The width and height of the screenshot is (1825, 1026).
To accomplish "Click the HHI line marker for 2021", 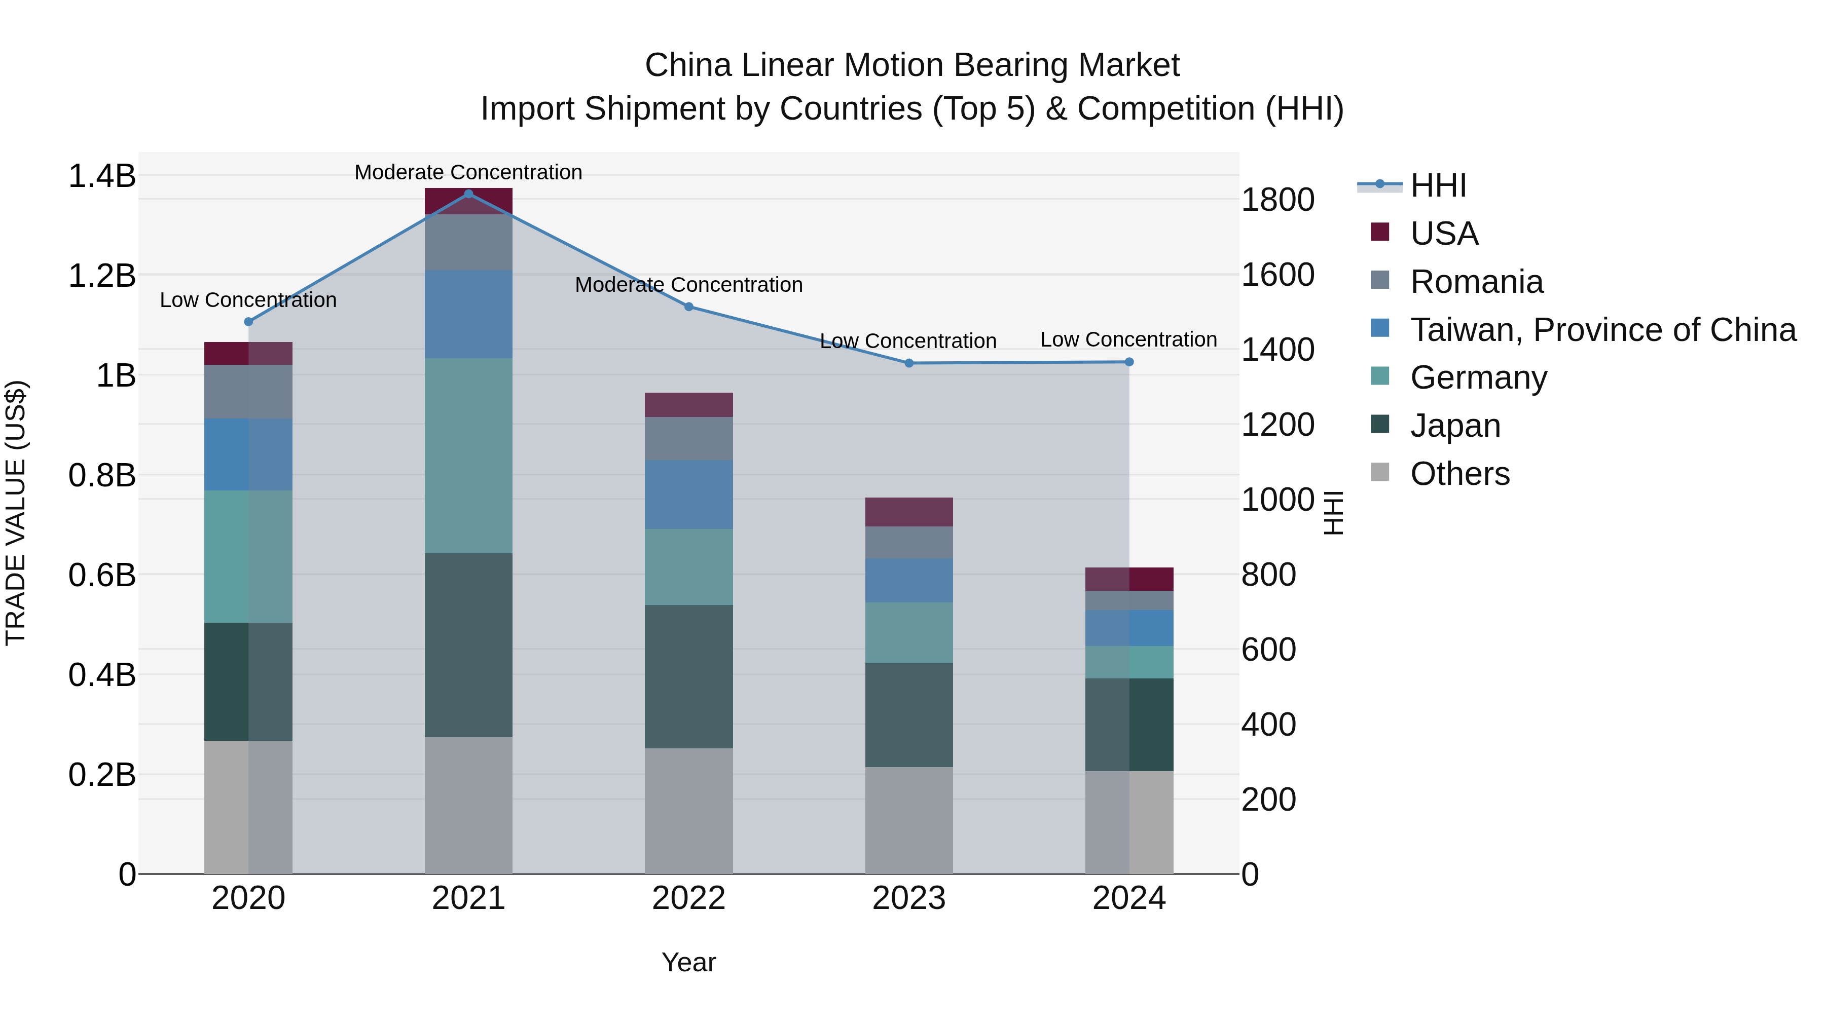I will point(468,194).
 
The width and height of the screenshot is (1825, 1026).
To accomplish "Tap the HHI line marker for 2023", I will point(909,363).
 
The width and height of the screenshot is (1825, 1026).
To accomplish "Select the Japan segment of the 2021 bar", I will point(468,645).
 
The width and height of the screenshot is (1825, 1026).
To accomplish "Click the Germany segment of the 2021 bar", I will point(468,455).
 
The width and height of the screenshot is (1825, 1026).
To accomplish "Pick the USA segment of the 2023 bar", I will point(909,512).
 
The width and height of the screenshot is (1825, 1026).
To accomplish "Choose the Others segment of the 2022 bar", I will point(688,811).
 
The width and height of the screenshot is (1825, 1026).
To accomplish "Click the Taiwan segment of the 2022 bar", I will point(688,494).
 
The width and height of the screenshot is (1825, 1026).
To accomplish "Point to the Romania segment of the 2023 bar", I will point(909,542).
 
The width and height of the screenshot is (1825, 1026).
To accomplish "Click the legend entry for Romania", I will point(1476,282).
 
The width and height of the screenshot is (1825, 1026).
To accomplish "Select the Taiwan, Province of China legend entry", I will point(1602,330).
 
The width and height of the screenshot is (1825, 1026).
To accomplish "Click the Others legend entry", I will point(1459,474).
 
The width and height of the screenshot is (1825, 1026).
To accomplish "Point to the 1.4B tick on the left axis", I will point(101,176).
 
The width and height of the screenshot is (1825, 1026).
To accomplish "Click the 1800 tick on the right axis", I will point(1277,200).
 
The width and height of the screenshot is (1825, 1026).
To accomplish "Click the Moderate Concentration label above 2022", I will point(688,285).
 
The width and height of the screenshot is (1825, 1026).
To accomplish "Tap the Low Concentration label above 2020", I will point(248,300).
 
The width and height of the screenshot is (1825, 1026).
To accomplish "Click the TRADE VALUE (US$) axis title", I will point(16,513).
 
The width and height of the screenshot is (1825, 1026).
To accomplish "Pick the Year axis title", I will point(688,962).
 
